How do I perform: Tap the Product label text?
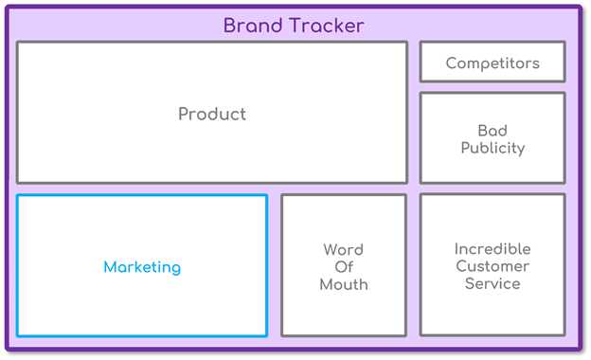tap(212, 114)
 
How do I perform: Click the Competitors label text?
tap(492, 63)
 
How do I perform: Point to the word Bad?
tap(492, 131)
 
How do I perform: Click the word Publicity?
tap(492, 148)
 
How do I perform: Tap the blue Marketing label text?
tap(142, 267)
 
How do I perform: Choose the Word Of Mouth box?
tap(344, 313)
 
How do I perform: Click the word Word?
tap(344, 250)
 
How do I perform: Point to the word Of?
tap(344, 267)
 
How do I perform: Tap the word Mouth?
tap(344, 284)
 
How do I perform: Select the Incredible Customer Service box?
tap(492, 313)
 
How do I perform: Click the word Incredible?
tap(492, 249)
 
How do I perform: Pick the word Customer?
tap(492, 266)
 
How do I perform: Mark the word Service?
tap(492, 283)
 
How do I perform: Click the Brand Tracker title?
tap(294, 26)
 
